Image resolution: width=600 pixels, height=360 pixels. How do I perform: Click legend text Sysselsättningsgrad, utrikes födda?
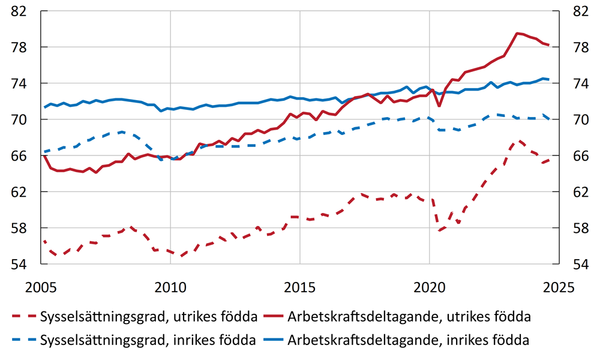[x=148, y=316]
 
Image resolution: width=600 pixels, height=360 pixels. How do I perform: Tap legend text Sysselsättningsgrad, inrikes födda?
[x=148, y=340]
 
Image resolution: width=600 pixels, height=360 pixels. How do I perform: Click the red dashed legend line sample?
[x=23, y=316]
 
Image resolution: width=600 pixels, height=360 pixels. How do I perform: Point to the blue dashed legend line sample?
[x=23, y=340]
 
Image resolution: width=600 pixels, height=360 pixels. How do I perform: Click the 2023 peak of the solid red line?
[x=517, y=33]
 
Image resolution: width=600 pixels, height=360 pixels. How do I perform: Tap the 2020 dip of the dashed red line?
[x=440, y=230]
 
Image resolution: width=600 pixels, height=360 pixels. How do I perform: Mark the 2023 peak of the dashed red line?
[x=520, y=141]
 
